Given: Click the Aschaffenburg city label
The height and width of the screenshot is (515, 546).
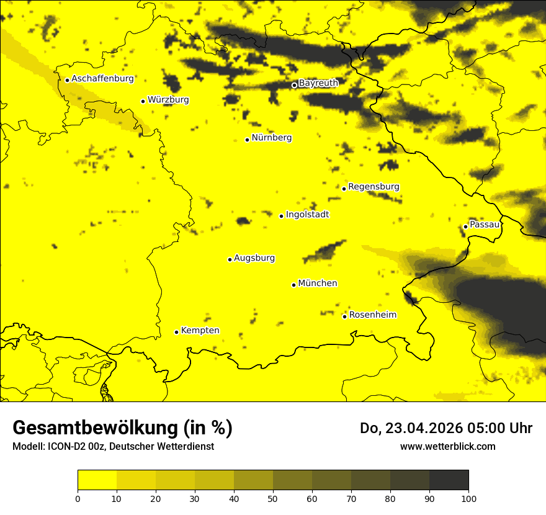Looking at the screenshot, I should [x=102, y=79].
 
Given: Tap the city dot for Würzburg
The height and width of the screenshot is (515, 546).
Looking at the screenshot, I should [x=143, y=101].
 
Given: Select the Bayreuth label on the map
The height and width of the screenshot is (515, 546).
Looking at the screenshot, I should [x=318, y=83].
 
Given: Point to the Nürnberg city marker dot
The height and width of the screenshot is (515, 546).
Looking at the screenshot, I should [x=247, y=140].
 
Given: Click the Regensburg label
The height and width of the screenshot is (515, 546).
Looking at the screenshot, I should [x=374, y=187].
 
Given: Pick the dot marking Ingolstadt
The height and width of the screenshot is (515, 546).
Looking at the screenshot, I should [x=281, y=216].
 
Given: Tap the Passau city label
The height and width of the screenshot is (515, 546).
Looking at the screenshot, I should [x=485, y=225].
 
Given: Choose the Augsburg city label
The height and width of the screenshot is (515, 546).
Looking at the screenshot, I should [x=254, y=258].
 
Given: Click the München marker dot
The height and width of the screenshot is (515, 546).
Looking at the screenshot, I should [x=293, y=285].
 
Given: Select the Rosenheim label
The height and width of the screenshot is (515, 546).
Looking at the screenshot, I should [x=372, y=315].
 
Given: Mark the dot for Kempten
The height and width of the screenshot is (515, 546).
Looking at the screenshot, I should [x=176, y=332].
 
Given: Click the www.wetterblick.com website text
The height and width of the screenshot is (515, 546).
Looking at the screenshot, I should [x=447, y=446].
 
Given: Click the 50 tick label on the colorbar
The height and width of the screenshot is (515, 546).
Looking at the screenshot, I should [x=273, y=498].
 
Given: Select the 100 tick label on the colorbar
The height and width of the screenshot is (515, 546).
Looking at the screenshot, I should [x=468, y=498].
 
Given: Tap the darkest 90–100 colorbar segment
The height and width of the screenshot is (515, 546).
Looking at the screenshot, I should [x=449, y=480].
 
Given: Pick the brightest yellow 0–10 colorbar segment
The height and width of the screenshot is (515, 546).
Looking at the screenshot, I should [x=97, y=480].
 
